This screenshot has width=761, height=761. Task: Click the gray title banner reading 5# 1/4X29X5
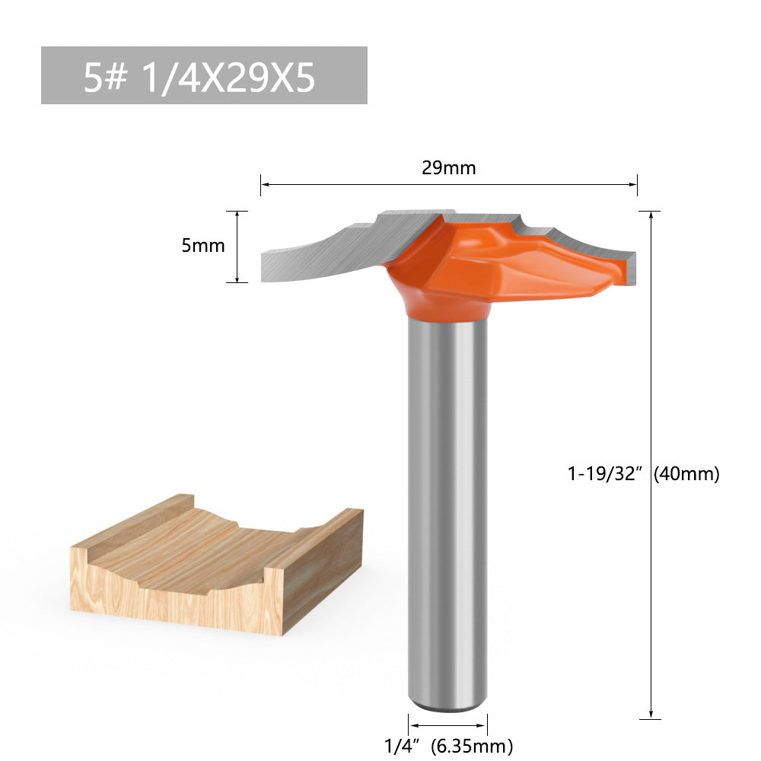point(204,75)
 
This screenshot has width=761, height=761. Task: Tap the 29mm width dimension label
point(449,168)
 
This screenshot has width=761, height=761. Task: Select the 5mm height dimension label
point(203,246)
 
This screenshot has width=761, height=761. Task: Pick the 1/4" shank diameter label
point(403,746)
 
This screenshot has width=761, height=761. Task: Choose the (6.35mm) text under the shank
point(472,746)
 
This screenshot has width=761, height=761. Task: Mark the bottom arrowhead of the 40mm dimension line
point(651,713)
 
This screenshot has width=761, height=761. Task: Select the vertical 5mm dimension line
point(237,247)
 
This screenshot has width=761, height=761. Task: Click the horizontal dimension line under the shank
point(447,725)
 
